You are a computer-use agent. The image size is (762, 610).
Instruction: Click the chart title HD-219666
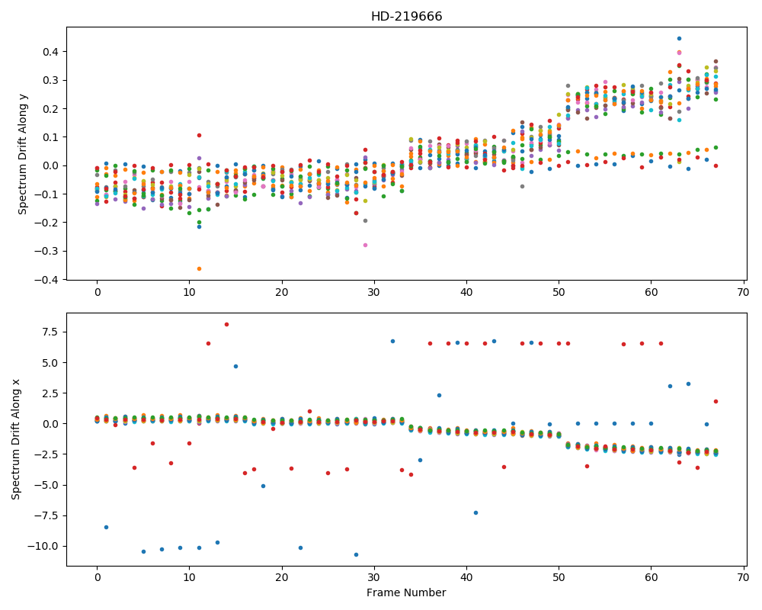pyautogui.click(x=406, y=17)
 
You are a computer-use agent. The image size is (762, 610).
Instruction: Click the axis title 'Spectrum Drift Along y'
pyautogui.click(x=22, y=154)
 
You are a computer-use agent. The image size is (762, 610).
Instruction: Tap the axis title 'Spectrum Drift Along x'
pyautogui.click(x=16, y=439)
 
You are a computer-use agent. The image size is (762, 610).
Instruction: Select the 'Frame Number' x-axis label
pyautogui.click(x=406, y=592)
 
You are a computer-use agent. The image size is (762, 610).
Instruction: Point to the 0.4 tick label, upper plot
pyautogui.click(x=52, y=52)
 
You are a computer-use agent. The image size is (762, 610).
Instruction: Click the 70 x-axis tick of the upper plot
pyautogui.click(x=744, y=292)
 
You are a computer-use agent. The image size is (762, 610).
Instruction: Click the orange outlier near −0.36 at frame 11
pyautogui.click(x=199, y=268)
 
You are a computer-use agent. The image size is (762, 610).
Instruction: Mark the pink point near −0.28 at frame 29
pyautogui.click(x=365, y=246)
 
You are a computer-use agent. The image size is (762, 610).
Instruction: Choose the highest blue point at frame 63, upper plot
pyautogui.click(x=680, y=38)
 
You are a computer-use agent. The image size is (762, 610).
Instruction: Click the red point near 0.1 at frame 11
pyautogui.click(x=199, y=135)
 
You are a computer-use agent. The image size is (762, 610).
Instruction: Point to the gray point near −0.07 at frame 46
pyautogui.click(x=523, y=186)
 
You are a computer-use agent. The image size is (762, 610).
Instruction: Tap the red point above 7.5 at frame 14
pyautogui.click(x=226, y=325)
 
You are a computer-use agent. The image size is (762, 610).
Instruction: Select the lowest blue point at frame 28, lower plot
pyautogui.click(x=356, y=554)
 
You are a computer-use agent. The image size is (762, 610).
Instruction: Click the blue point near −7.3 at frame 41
pyautogui.click(x=475, y=512)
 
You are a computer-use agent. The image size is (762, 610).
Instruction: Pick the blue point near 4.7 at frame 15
pyautogui.click(x=235, y=366)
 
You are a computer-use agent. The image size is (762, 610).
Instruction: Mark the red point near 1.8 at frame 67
pyautogui.click(x=716, y=401)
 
